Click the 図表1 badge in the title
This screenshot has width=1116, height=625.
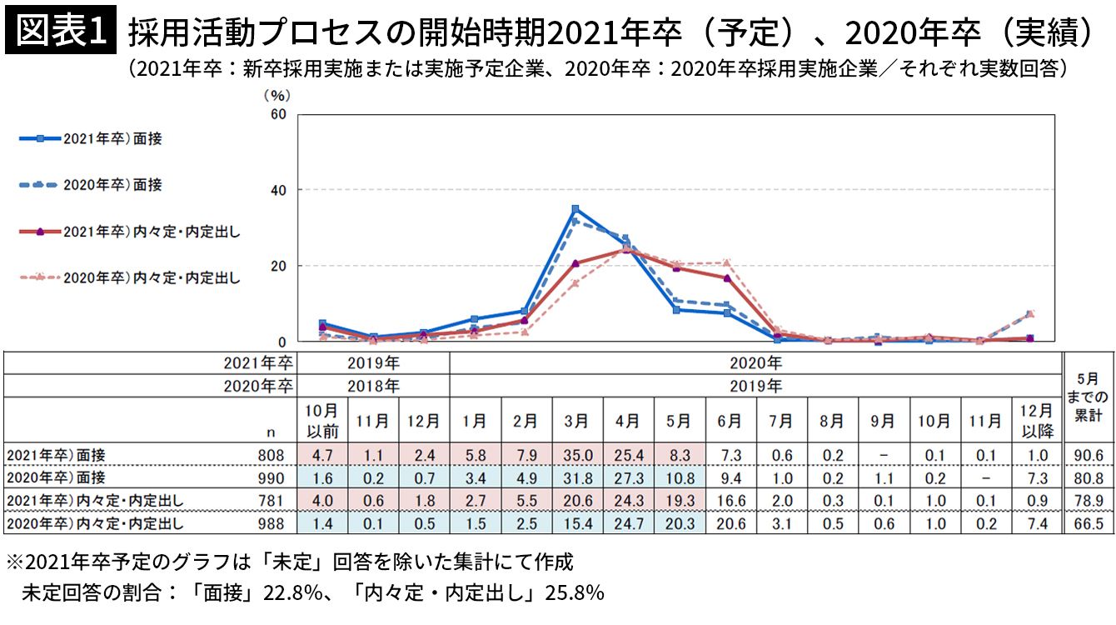(x=60, y=32)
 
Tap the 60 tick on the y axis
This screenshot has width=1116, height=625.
(x=279, y=114)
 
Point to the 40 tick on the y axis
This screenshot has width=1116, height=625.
(x=279, y=190)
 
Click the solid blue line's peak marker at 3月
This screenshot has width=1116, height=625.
(x=575, y=209)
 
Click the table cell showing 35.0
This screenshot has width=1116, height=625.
(x=577, y=455)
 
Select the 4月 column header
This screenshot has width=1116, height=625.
(x=628, y=422)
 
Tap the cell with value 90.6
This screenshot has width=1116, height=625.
(x=1089, y=455)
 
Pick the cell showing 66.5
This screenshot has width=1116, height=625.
(x=1089, y=523)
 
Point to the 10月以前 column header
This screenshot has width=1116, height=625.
(x=321, y=421)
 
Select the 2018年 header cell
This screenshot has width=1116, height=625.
(x=373, y=387)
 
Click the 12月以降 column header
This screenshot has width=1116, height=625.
(x=1037, y=421)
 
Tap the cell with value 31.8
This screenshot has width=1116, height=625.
(x=577, y=477)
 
